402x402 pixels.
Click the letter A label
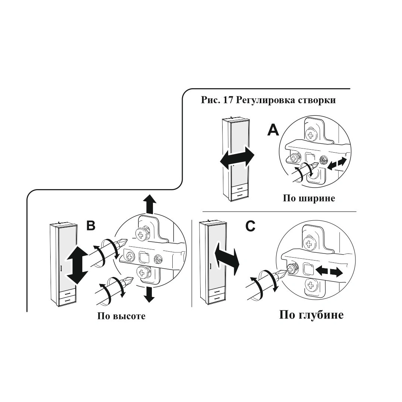[274, 131]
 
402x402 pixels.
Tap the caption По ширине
[309, 198]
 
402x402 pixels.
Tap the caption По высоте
[121, 316]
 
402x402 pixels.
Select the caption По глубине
[311, 315]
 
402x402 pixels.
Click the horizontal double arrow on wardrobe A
[237, 159]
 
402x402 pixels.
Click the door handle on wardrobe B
[60, 268]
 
